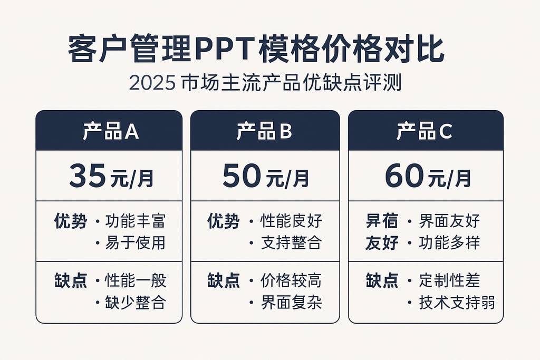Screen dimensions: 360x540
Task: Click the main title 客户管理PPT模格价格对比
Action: pyautogui.click(x=256, y=51)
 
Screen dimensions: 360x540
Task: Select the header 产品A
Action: pyautogui.click(x=110, y=131)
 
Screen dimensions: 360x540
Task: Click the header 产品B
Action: pyautogui.click(x=264, y=131)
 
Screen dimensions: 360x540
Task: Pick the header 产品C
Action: pyautogui.click(x=425, y=131)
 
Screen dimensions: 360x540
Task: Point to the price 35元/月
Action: pyautogui.click(x=111, y=177)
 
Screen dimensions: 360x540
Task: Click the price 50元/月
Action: pyautogui.click(x=265, y=177)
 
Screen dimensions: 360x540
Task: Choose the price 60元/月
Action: pyautogui.click(x=428, y=177)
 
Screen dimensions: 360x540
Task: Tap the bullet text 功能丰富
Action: pyautogui.click(x=136, y=221)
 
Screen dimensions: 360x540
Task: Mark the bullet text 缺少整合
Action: pyautogui.click(x=136, y=302)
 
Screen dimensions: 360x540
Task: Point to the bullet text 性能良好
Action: pyautogui.click(x=291, y=221)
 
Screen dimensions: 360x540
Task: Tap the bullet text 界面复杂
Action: pyautogui.click(x=291, y=302)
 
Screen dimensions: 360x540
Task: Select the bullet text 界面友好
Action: pyautogui.click(x=450, y=221)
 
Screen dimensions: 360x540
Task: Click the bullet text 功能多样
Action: pyautogui.click(x=450, y=242)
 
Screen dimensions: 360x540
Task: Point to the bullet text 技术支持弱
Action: pyautogui.click(x=457, y=302)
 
